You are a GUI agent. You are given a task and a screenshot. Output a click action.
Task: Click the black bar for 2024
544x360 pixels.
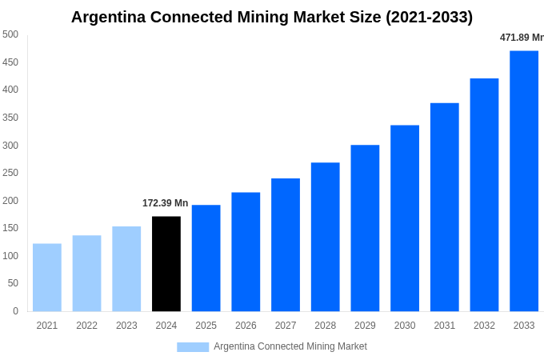(x=166, y=264)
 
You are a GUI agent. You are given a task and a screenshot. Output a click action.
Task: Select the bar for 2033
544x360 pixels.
(x=524, y=181)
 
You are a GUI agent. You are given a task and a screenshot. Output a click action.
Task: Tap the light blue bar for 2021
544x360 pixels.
(x=47, y=278)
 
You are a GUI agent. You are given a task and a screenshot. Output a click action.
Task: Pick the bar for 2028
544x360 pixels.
(x=325, y=237)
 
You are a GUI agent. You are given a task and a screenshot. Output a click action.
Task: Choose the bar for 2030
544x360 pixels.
(x=405, y=218)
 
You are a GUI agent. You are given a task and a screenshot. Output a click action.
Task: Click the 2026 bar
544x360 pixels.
(x=246, y=252)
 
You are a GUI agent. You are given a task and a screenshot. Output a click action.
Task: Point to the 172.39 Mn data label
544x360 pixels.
(x=166, y=203)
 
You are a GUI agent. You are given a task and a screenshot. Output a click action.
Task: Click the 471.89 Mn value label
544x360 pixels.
(x=521, y=38)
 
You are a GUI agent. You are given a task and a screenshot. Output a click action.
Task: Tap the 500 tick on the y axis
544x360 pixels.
(x=10, y=34)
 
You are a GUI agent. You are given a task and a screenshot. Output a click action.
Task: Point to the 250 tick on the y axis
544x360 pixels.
(x=10, y=173)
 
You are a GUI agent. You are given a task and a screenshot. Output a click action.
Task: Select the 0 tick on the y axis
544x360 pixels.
(x=15, y=311)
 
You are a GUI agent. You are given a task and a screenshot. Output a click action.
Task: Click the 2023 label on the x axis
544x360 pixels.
(x=126, y=326)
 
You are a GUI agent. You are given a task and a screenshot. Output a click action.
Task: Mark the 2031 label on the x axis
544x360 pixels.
(x=445, y=326)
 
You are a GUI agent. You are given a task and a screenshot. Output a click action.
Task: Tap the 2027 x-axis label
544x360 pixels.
(x=286, y=326)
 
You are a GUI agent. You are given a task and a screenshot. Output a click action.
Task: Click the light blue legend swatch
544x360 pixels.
(x=193, y=347)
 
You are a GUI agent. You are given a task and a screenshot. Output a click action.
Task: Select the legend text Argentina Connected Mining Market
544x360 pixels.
(x=290, y=346)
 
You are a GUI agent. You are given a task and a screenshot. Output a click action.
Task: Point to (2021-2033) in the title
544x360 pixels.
(x=429, y=17)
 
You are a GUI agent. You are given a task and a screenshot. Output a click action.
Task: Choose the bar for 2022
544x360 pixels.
(x=87, y=274)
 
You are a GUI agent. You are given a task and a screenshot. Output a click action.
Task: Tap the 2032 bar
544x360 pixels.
(x=484, y=195)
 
